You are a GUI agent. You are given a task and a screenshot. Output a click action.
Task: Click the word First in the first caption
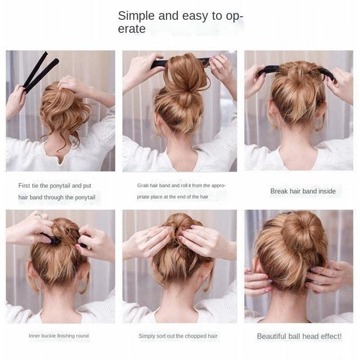coord(26,186)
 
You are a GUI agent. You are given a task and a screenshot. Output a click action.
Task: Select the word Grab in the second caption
coord(143,186)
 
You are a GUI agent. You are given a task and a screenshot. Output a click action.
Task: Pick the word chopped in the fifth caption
coord(190,336)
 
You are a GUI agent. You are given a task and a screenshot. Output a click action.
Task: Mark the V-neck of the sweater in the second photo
coord(179,157)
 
